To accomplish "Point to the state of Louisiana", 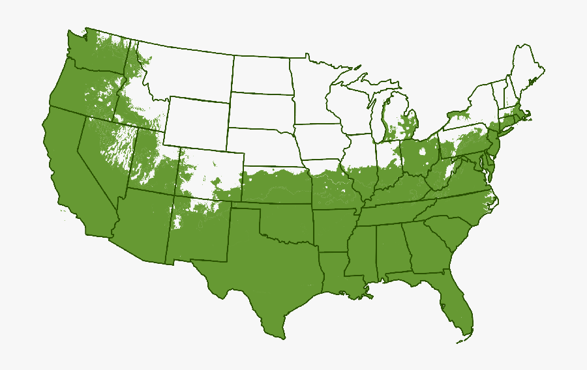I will (337, 274).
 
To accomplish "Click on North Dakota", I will (262, 74).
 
